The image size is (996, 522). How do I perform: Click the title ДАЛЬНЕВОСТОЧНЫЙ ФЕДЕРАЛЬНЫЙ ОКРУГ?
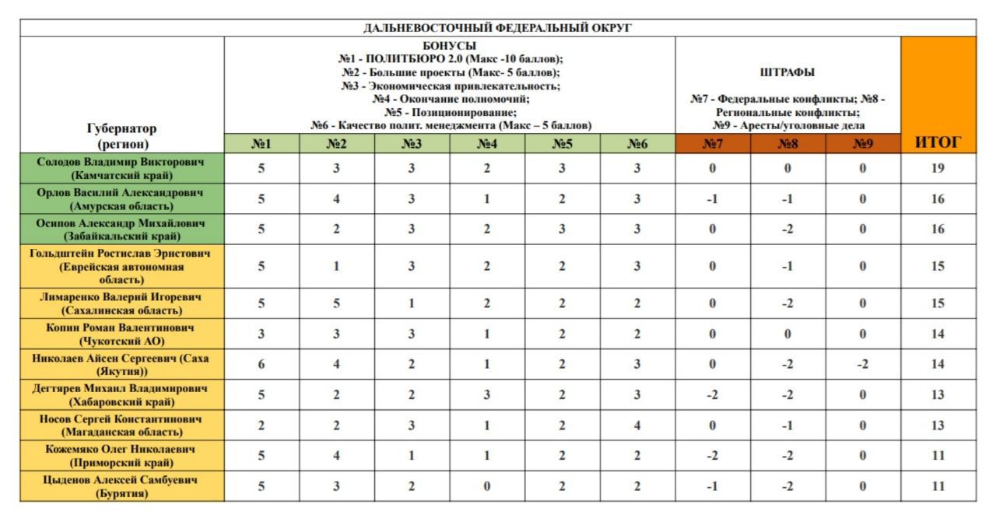pyautogui.click(x=498, y=29)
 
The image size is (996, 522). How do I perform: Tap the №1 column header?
pyautogui.click(x=261, y=143)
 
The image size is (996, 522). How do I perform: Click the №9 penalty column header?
pyautogui.click(x=863, y=143)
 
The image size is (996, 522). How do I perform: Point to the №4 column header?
pyautogui.click(x=487, y=143)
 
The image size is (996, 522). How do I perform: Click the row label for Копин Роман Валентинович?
pyautogui.click(x=122, y=333)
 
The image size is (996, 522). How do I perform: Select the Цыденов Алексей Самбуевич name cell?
pyautogui.click(x=122, y=486)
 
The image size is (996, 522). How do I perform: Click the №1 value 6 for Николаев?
pyautogui.click(x=261, y=362)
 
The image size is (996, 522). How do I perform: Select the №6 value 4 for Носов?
pyautogui.click(x=637, y=425)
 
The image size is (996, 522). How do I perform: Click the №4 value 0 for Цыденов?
pyautogui.click(x=487, y=486)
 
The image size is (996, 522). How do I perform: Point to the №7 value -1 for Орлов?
pyautogui.click(x=712, y=198)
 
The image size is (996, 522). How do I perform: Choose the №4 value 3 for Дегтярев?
pyautogui.click(x=487, y=394)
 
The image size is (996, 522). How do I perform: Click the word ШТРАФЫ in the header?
pyautogui.click(x=787, y=72)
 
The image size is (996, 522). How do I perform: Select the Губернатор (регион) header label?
pyautogui.click(x=122, y=135)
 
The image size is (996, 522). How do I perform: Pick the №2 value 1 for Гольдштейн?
pyautogui.click(x=336, y=266)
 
